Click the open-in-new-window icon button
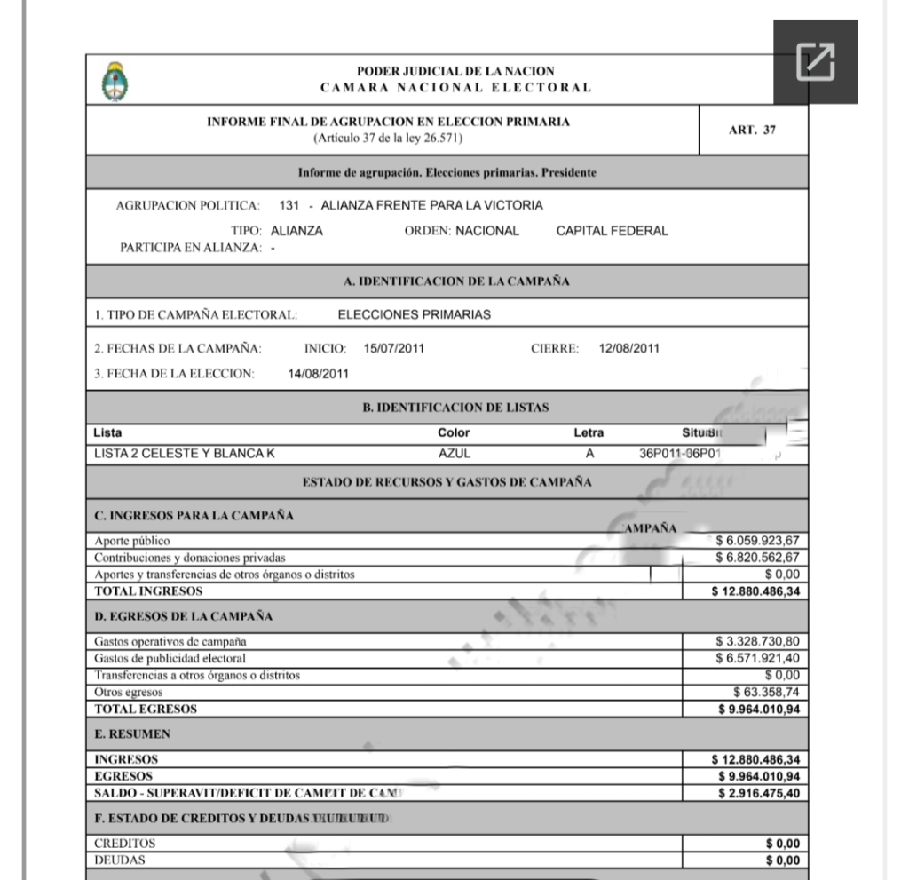[x=815, y=61]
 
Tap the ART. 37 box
[x=752, y=130]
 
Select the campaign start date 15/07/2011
[x=394, y=347]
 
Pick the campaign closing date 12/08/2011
[x=629, y=347]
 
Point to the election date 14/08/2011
[x=319, y=373]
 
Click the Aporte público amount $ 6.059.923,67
[x=758, y=539]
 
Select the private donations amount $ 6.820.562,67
[x=758, y=557]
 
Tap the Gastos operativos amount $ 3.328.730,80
[x=758, y=640]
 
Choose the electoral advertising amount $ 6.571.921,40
[x=758, y=657]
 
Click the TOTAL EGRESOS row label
[x=146, y=709]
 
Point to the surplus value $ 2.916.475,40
[x=758, y=792]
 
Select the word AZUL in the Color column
[x=454, y=453]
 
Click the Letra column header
[x=589, y=433]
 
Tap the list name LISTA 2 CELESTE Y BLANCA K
[x=184, y=453]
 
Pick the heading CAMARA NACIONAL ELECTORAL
[x=455, y=87]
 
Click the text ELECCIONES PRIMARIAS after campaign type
[x=415, y=313]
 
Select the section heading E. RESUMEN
[x=131, y=734]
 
